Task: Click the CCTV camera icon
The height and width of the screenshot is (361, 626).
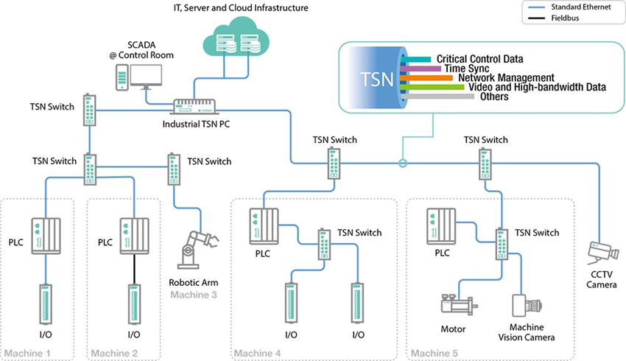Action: click(x=603, y=253)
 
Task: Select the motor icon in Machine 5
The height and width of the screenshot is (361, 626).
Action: click(x=459, y=305)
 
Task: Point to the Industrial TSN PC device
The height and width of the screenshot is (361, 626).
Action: click(x=194, y=107)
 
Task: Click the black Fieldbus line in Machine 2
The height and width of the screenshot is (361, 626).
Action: click(x=134, y=270)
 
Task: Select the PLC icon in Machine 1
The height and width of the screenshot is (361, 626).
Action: click(x=46, y=236)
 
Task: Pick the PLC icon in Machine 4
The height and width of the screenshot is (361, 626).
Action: click(x=264, y=226)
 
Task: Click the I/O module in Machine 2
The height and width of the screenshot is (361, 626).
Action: click(x=134, y=304)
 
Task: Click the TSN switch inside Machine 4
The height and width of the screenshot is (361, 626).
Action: click(x=324, y=244)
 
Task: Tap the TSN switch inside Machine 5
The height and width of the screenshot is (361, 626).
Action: click(x=502, y=244)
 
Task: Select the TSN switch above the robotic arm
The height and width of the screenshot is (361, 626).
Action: click(x=174, y=169)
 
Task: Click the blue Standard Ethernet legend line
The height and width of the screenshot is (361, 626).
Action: click(x=537, y=7)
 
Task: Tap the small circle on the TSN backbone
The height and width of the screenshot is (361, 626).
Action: click(x=403, y=164)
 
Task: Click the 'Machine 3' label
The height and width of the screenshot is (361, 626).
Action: click(x=194, y=295)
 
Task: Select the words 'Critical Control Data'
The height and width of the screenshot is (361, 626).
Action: click(x=479, y=59)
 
